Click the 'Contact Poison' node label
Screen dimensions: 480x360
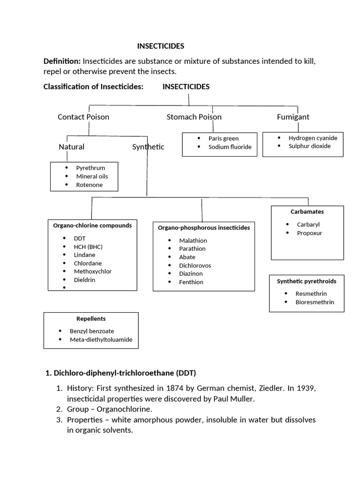pyautogui.click(x=83, y=117)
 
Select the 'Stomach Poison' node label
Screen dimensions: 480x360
pyautogui.click(x=194, y=117)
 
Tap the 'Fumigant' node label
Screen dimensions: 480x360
pyautogui.click(x=293, y=117)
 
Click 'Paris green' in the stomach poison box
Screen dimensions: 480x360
pyautogui.click(x=224, y=138)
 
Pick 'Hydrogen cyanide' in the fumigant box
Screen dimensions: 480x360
pyautogui.click(x=313, y=138)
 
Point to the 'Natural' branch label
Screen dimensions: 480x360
pyautogui.click(x=71, y=147)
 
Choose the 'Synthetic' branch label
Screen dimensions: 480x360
pyautogui.click(x=148, y=147)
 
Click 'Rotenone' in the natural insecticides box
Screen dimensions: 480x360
pyautogui.click(x=90, y=185)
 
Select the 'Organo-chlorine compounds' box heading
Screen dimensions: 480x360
pyautogui.click(x=92, y=225)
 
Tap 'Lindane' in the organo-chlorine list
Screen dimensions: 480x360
pyautogui.click(x=84, y=255)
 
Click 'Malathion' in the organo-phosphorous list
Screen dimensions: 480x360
pyautogui.click(x=193, y=241)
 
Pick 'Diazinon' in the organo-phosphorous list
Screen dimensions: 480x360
pyautogui.click(x=191, y=273)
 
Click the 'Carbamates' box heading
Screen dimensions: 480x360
pyautogui.click(x=307, y=212)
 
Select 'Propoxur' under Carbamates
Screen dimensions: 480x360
pyautogui.click(x=309, y=233)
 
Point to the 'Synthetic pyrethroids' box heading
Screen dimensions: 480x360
pyautogui.click(x=307, y=281)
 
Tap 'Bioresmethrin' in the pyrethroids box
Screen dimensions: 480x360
pyautogui.click(x=315, y=302)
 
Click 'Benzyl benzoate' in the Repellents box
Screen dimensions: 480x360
pyautogui.click(x=92, y=331)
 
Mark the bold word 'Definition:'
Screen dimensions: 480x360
pyautogui.click(x=62, y=61)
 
